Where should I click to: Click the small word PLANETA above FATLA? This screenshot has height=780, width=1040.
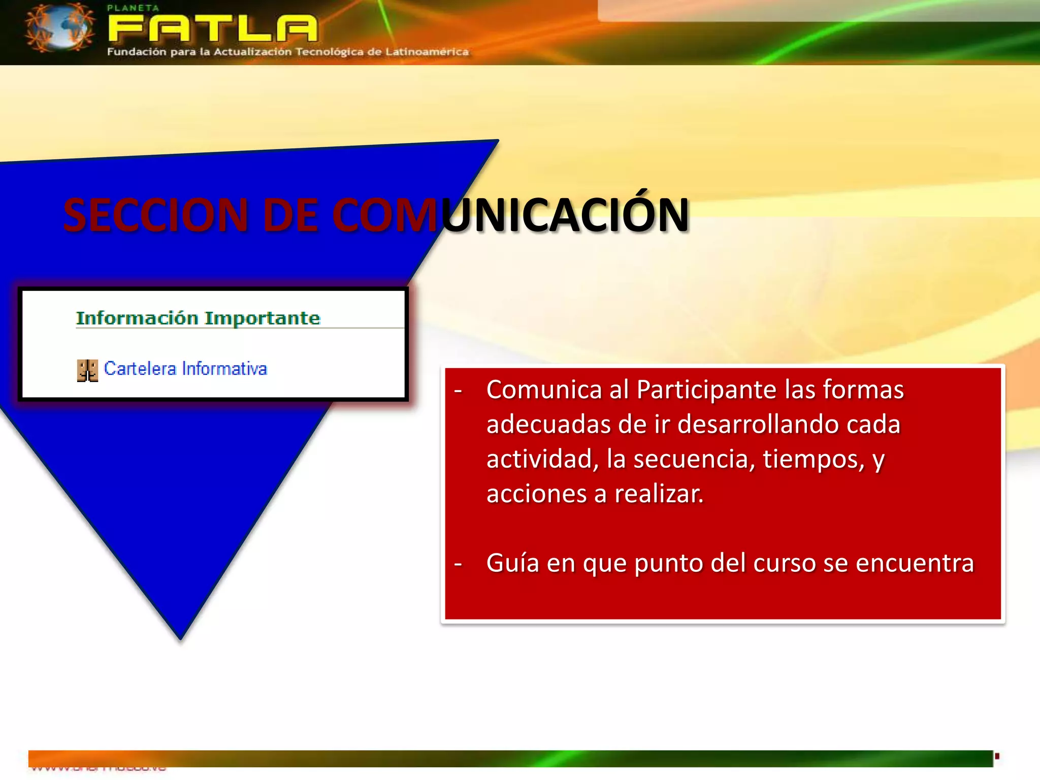133,8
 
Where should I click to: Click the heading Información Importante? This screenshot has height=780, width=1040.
198,318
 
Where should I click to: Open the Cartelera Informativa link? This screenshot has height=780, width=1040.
185,369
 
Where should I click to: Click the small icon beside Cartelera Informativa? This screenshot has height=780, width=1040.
87,370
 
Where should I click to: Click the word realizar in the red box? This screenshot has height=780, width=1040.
659,494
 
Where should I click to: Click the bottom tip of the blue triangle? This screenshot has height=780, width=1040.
181,637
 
